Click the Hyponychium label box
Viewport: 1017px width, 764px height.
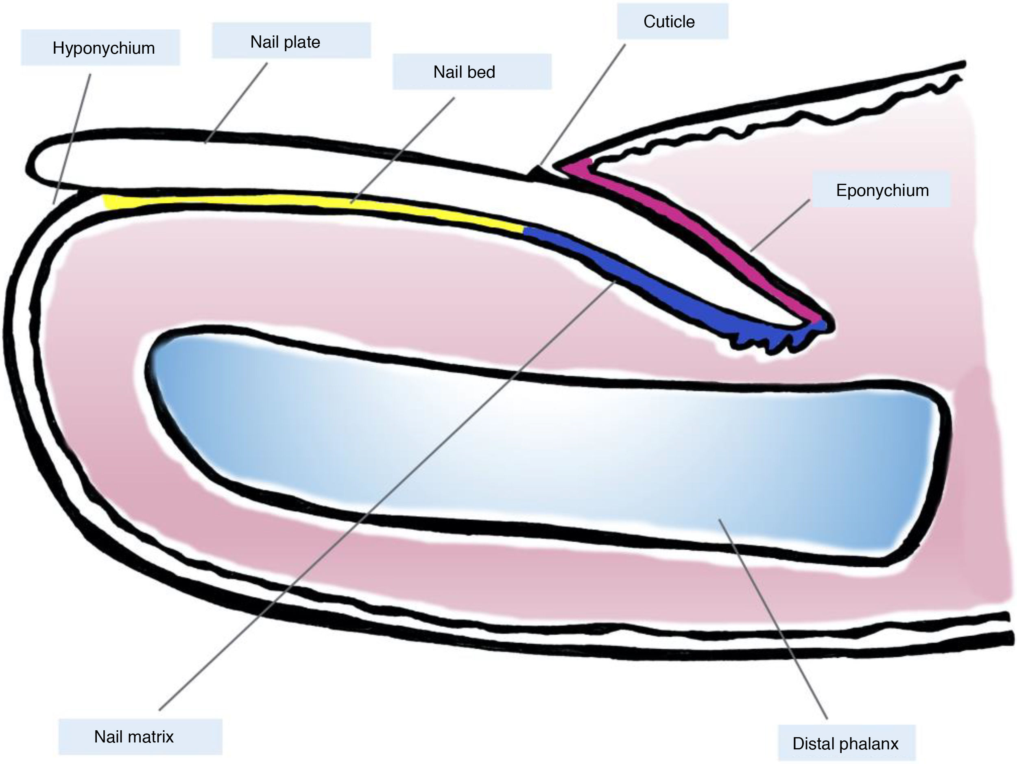point(100,48)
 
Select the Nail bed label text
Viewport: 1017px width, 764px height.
point(465,72)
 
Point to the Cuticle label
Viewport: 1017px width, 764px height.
point(670,22)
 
